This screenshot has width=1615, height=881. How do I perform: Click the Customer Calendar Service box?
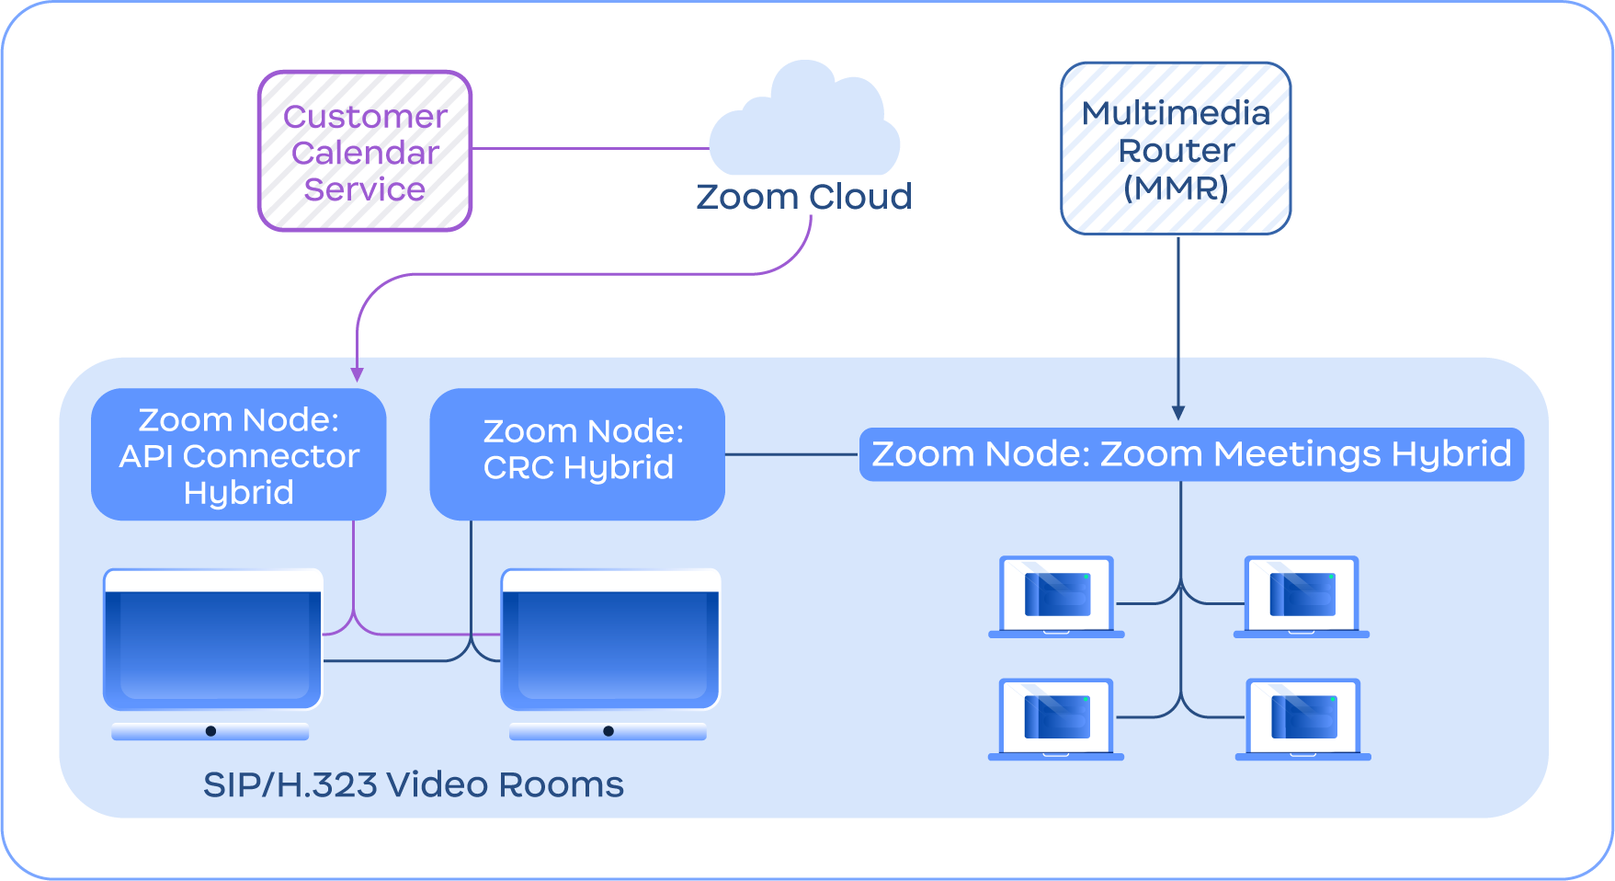point(365,152)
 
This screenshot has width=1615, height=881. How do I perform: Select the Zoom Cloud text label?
point(804,197)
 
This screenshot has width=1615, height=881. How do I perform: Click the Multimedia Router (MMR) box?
point(1176,149)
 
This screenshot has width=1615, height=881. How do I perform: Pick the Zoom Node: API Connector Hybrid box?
point(239,455)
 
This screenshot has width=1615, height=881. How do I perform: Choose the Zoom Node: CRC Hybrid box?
point(577,454)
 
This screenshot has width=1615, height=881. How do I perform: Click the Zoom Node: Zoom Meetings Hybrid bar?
point(1191,454)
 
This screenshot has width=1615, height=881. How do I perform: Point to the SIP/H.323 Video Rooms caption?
point(413,784)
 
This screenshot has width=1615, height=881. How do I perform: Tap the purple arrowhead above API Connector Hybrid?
point(358,374)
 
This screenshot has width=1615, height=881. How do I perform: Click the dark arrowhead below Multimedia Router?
point(1178,413)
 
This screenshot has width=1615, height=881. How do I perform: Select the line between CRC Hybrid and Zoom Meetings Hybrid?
point(791,454)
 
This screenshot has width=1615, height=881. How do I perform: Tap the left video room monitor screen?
point(213,644)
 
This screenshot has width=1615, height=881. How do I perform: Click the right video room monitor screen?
point(610,644)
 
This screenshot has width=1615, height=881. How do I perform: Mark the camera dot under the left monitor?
point(211,731)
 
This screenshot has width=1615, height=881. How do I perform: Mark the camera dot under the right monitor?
point(608,731)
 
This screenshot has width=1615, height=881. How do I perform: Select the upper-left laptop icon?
point(1057,596)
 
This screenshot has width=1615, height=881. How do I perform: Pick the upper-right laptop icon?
point(1302,596)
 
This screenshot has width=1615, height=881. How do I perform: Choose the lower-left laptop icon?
point(1057,719)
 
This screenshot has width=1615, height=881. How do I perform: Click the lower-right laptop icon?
point(1303,719)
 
